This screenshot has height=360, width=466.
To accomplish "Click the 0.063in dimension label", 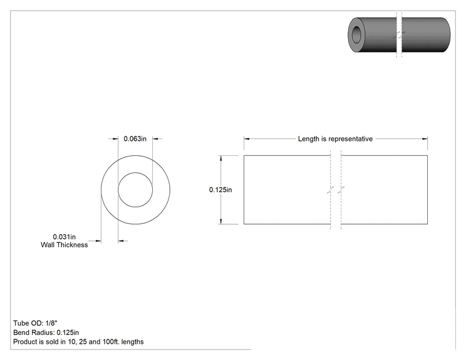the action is click(135, 139).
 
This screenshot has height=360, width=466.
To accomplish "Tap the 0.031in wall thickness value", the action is click(64, 237).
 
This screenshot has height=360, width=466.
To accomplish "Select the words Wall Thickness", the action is click(64, 245).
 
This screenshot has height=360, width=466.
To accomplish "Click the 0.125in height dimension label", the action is click(220, 190).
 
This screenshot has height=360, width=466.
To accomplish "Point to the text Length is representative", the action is click(335, 139).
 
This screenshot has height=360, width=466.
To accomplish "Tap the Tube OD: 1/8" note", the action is click(35, 323).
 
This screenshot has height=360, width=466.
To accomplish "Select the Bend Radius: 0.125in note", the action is click(46, 332).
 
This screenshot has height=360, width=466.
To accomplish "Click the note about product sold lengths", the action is click(78, 342).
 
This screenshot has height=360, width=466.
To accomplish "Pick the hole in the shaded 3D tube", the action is click(356, 34).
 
